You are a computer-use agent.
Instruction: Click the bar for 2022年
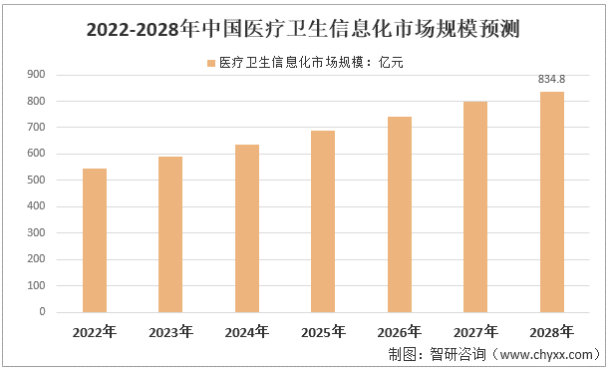tap(95, 239)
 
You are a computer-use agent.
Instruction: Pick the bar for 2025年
tap(323, 220)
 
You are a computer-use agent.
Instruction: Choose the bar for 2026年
tap(400, 213)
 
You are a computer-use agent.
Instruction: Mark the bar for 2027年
tap(475, 205)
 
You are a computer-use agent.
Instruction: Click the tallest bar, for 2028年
tap(552, 201)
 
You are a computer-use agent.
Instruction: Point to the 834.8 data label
tap(552, 80)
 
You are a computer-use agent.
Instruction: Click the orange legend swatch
tap(211, 62)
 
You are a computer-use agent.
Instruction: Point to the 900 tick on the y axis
tap(35, 75)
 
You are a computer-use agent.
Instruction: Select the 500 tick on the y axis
tap(35, 181)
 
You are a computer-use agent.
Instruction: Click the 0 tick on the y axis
tap(42, 311)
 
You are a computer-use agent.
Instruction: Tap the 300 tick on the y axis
tap(35, 232)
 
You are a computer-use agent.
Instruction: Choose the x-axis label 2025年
tap(323, 332)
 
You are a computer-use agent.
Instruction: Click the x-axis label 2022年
tap(95, 332)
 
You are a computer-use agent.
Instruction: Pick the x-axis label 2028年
tap(552, 332)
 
